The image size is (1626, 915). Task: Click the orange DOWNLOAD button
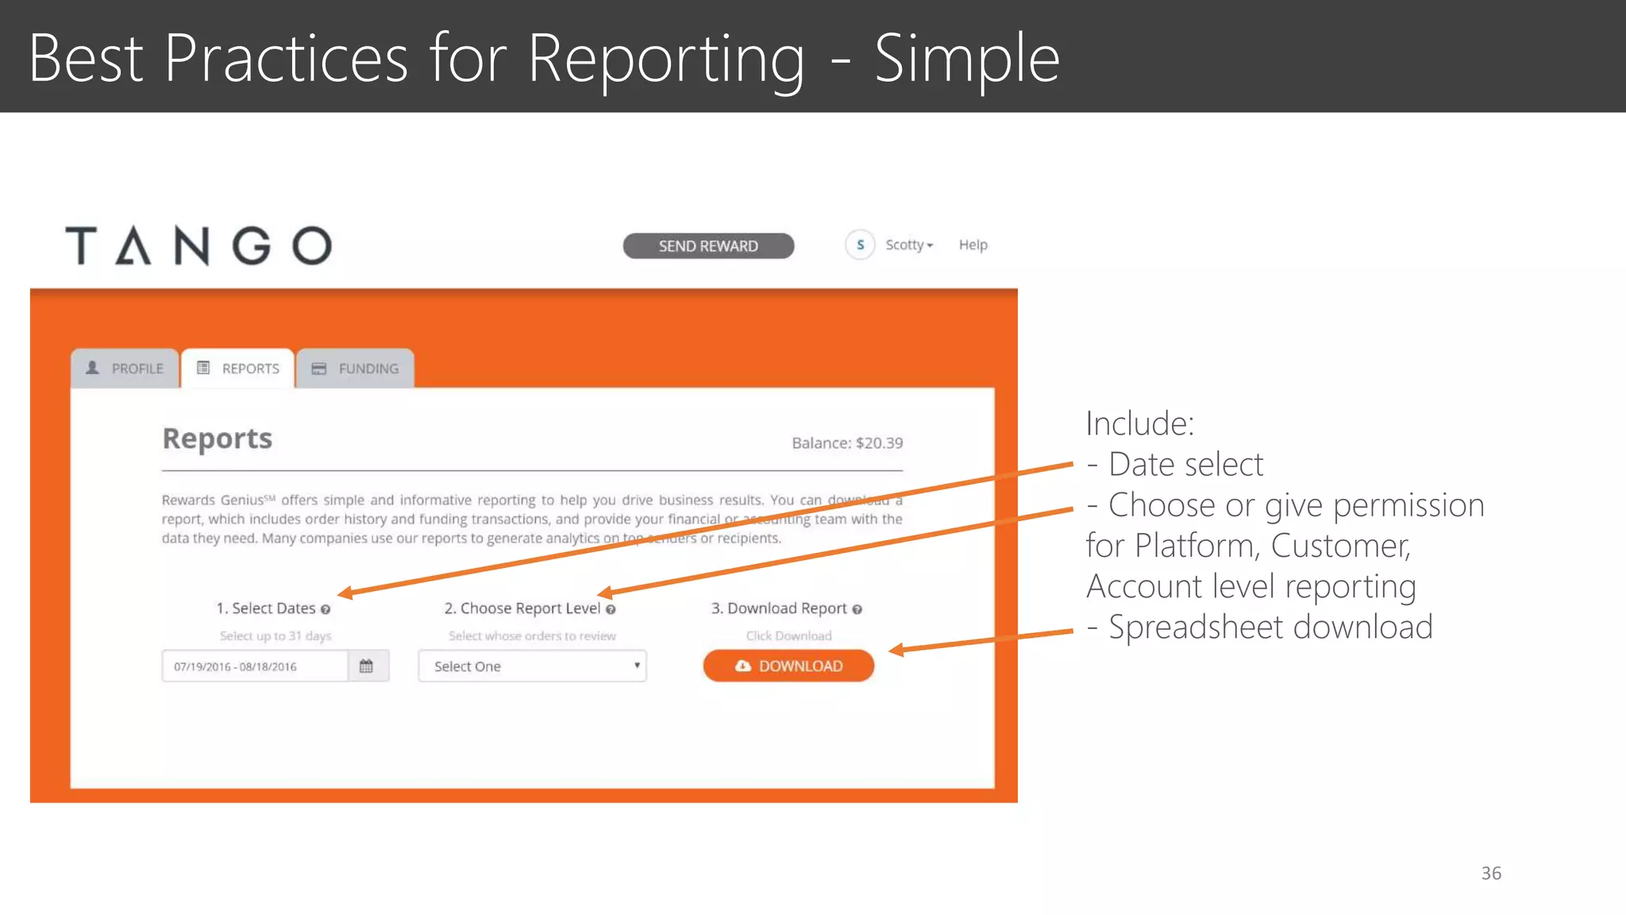tap(788, 666)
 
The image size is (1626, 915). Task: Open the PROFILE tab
tap(125, 369)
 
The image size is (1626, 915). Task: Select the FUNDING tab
tap(355, 369)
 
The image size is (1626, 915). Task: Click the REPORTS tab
tap(238, 369)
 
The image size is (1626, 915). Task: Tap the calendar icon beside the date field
tap(366, 666)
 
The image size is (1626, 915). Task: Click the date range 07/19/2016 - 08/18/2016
tap(236, 666)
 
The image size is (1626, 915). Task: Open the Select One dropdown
tap(532, 666)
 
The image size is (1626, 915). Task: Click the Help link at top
tap(973, 245)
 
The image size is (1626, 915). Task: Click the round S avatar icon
tap(860, 245)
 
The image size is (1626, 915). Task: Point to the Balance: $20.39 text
tap(847, 443)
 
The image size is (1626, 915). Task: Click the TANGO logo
tap(198, 245)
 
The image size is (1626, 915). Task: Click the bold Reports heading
tap(218, 438)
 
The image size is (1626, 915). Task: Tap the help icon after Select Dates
tap(326, 609)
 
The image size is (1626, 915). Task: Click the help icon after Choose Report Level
tap(611, 609)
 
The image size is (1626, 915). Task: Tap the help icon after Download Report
tap(857, 609)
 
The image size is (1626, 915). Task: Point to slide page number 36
tap(1491, 873)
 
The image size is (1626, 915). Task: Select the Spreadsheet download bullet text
tap(1270, 627)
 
